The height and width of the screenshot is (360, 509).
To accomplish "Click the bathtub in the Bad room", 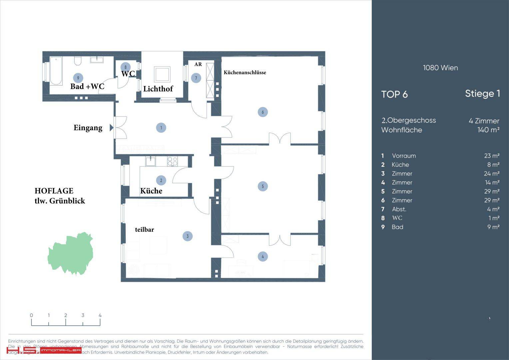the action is (x=56, y=71).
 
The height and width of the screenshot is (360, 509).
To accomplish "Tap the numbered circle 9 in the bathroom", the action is (x=78, y=78).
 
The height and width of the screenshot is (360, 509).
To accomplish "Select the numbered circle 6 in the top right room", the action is (x=262, y=112).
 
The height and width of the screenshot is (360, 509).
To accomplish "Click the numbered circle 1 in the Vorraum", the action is (x=161, y=127).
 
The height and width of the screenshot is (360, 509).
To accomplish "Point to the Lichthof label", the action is (x=158, y=89).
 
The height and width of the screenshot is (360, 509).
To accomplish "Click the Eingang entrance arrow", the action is (x=111, y=127).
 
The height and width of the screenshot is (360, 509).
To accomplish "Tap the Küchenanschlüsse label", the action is (x=245, y=72).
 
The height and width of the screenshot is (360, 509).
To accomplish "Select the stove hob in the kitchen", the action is (x=172, y=161).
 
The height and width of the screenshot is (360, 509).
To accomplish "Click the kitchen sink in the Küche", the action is (x=151, y=161).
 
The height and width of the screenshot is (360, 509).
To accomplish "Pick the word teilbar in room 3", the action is (x=144, y=229).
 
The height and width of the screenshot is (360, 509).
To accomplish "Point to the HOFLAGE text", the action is (x=54, y=191).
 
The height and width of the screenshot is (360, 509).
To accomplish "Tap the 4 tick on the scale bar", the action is (x=100, y=315).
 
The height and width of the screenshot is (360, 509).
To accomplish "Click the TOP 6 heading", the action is (x=394, y=94).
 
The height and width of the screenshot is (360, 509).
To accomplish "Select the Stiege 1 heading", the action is (x=482, y=94).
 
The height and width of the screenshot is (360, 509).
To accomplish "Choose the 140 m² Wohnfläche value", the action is (x=488, y=130).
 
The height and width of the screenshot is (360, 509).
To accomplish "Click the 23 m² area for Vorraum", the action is (x=492, y=156).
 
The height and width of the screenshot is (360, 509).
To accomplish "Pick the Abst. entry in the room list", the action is (x=399, y=209).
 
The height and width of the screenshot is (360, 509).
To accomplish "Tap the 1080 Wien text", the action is (x=440, y=68).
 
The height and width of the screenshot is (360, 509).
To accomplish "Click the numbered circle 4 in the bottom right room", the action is (x=262, y=256).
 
